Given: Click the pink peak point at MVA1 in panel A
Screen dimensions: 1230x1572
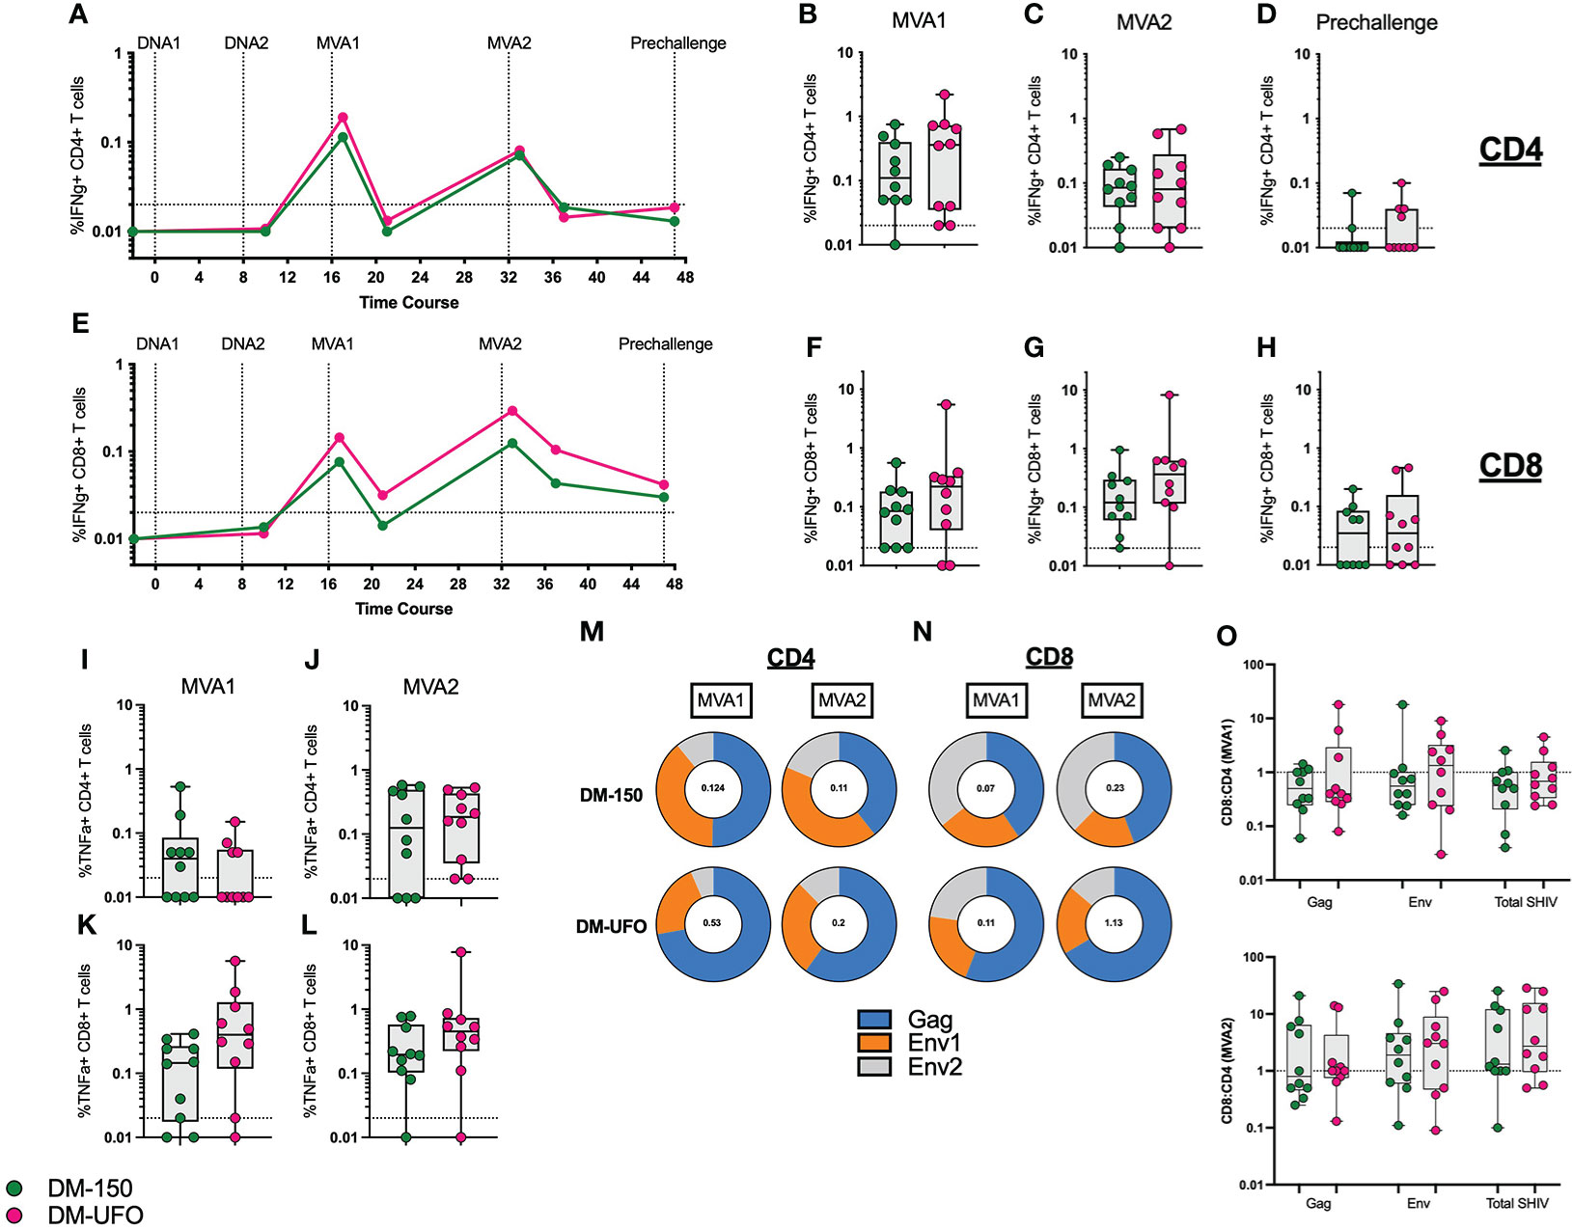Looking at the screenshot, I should (x=343, y=118).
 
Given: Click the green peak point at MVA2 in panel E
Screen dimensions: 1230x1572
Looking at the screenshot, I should (x=512, y=444).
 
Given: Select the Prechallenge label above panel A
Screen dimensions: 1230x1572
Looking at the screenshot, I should (x=677, y=43).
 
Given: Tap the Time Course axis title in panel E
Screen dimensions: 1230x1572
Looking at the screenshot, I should (x=403, y=609).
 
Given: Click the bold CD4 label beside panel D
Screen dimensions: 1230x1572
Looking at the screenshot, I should (x=1510, y=150).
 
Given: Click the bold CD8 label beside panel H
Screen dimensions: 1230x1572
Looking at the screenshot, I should (x=1510, y=466).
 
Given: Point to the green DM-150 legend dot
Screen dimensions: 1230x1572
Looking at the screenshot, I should (x=14, y=1189).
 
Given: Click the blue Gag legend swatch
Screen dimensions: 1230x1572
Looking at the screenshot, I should (x=873, y=1020).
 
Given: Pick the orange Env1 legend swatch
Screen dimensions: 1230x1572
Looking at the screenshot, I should (x=873, y=1043).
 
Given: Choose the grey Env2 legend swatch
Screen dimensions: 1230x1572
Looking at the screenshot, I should (x=873, y=1066).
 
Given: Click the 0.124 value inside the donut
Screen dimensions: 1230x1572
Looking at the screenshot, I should (x=712, y=788).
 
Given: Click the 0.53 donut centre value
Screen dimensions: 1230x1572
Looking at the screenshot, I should (x=712, y=923).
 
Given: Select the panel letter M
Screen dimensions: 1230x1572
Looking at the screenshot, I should (x=592, y=632).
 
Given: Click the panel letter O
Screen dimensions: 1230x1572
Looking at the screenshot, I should (x=1227, y=637).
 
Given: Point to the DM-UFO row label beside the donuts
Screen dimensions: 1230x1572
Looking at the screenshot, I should (x=611, y=926).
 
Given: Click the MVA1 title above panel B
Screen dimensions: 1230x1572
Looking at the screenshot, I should (x=919, y=20).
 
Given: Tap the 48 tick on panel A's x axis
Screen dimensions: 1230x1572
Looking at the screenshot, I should (x=685, y=278).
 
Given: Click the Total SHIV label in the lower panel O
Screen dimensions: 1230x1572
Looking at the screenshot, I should (x=1517, y=1203).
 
